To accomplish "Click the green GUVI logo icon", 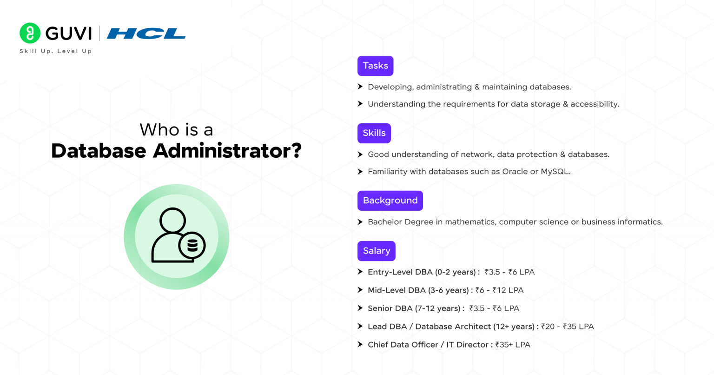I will click(x=30, y=33).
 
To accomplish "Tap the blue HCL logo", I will click(x=146, y=33).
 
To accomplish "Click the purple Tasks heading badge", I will click(x=375, y=66).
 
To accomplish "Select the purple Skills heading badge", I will click(x=374, y=133).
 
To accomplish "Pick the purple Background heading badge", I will click(x=390, y=201).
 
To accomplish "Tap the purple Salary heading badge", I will click(x=376, y=251).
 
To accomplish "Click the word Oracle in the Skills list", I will click(x=515, y=172).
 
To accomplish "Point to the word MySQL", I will click(x=555, y=172).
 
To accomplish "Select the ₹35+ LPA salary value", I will click(x=513, y=345).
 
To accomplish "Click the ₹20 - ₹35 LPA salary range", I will click(x=567, y=327).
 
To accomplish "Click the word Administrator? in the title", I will click(x=227, y=151).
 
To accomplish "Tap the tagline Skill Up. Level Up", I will click(x=56, y=51).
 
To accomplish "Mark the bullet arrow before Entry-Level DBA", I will click(x=360, y=272).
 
